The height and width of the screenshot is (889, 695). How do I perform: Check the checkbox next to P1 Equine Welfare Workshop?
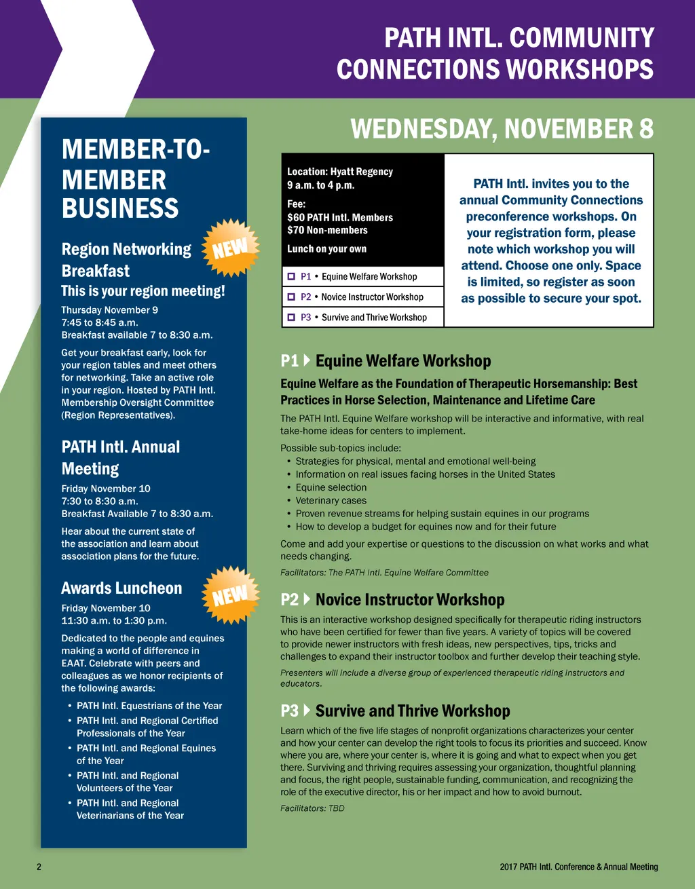pyautogui.click(x=291, y=277)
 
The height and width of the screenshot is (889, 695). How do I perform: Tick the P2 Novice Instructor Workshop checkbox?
pyautogui.click(x=291, y=297)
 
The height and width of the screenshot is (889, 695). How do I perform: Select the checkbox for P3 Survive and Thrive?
pyautogui.click(x=291, y=318)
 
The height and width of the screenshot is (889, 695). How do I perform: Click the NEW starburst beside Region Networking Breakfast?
pyautogui.click(x=231, y=248)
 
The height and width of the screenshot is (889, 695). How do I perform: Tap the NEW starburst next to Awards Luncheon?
pyautogui.click(x=231, y=595)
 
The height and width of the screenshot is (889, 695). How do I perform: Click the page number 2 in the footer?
pyautogui.click(x=39, y=867)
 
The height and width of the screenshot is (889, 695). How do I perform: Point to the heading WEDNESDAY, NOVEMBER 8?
pyautogui.click(x=502, y=129)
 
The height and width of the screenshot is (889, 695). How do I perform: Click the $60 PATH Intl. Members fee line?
pyautogui.click(x=340, y=218)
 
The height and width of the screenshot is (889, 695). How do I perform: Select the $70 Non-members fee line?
pyautogui.click(x=327, y=231)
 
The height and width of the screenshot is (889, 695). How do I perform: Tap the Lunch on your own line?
pyautogui.click(x=326, y=249)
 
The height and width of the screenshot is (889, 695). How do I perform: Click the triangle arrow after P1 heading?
pyautogui.click(x=307, y=360)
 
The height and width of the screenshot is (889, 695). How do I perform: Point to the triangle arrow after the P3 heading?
pyautogui.click(x=307, y=711)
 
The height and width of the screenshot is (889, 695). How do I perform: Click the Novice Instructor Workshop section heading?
pyautogui.click(x=410, y=600)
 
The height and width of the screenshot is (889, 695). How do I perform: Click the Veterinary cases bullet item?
pyautogui.click(x=331, y=501)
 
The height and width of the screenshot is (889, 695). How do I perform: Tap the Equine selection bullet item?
pyautogui.click(x=331, y=487)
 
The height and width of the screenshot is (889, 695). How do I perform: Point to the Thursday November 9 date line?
pyautogui.click(x=109, y=310)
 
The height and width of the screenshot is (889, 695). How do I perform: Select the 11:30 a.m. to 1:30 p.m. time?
pyautogui.click(x=114, y=621)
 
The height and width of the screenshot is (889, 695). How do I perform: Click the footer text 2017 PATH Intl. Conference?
pyautogui.click(x=578, y=867)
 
